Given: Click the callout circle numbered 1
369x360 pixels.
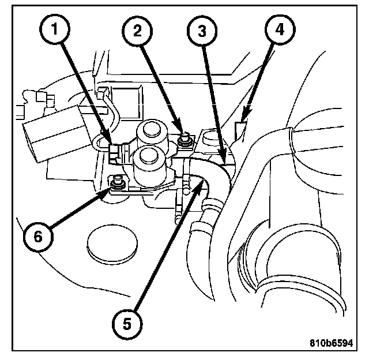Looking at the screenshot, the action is [x=55, y=29].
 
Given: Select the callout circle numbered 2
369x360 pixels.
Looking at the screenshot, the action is [x=137, y=31].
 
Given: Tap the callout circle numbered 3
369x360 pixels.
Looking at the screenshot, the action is [x=202, y=31].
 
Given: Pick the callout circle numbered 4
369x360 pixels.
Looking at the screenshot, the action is [x=280, y=29].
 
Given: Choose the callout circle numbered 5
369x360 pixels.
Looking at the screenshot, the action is [x=127, y=324].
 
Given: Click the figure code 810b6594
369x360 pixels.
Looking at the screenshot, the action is [x=331, y=343].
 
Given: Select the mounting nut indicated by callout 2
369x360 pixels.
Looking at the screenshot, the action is [x=185, y=140].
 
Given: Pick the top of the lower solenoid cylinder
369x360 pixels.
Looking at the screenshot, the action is [x=149, y=156].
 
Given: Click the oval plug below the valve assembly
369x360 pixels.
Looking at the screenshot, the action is [x=112, y=243].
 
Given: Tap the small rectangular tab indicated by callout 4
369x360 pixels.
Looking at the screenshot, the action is [x=240, y=131].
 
